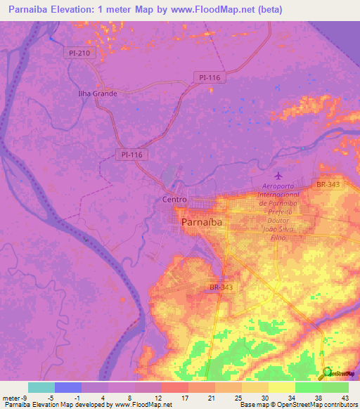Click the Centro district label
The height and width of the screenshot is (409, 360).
[174, 200]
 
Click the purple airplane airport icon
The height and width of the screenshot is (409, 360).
[280, 174]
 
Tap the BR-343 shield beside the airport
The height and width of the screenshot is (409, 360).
[328, 184]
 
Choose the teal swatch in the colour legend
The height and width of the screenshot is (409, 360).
[41, 387]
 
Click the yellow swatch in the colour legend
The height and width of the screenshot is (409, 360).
[281, 387]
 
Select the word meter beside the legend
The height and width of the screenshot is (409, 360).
[11, 398]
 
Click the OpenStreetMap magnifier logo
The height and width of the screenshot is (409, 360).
[328, 372]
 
